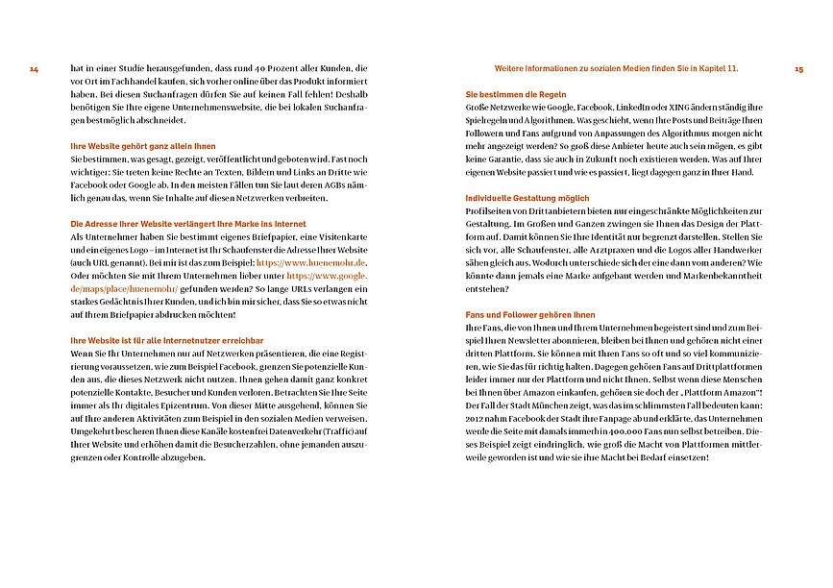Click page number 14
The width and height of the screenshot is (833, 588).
tap(34, 69)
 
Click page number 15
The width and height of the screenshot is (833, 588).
tap(798, 69)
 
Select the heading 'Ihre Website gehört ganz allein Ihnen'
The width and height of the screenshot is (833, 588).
tap(143, 146)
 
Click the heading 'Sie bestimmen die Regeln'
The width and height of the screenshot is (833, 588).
tap(515, 94)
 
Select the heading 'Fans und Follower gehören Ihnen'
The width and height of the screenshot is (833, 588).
tap(529, 315)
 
